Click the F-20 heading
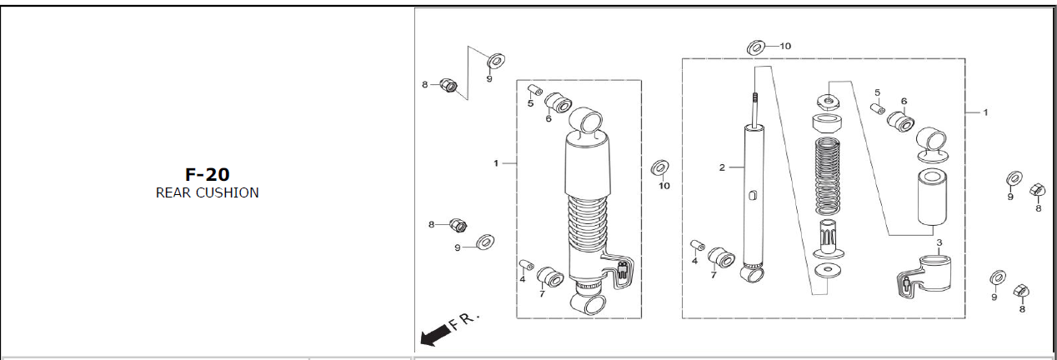pos(208,174)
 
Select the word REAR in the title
pos(173,193)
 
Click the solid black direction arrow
pos(434,335)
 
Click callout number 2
pos(722,167)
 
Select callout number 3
pos(939,242)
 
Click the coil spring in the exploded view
pos(828,176)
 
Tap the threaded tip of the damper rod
pos(755,97)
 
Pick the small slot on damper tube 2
pos(752,195)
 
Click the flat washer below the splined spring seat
pos(828,271)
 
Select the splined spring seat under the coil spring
pos(828,238)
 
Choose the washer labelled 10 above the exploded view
pos(756,47)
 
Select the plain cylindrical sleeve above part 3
pos(932,197)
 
